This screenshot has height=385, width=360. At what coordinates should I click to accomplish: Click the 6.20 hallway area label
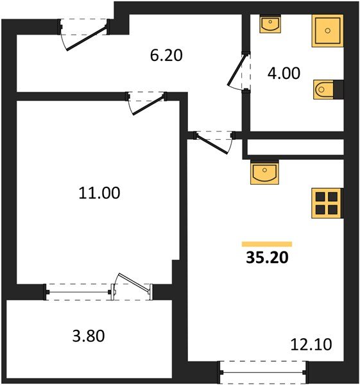tap(166, 55)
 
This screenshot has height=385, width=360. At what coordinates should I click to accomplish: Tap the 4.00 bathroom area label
tap(284, 73)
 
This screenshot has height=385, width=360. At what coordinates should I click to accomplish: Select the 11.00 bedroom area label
tap(99, 193)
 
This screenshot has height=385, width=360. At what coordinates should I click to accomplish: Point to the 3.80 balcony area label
tap(89, 336)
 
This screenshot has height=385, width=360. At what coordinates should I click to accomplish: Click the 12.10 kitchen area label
tap(311, 344)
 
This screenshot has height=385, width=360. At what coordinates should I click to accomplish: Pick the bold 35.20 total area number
tap(267, 258)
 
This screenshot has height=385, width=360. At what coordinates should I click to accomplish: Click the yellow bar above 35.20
tap(267, 244)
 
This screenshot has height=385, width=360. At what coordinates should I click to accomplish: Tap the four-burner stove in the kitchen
tap(327, 203)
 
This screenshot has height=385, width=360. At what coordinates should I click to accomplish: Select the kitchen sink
tap(264, 172)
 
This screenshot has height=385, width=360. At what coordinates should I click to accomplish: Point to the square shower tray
tap(327, 31)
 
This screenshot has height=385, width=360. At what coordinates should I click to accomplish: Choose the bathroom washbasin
tap(270, 24)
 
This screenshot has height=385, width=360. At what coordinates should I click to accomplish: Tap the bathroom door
tap(236, 71)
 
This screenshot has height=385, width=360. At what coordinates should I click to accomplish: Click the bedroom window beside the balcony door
tap(78, 292)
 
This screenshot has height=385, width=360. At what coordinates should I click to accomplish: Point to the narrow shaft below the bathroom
tap(295, 147)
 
